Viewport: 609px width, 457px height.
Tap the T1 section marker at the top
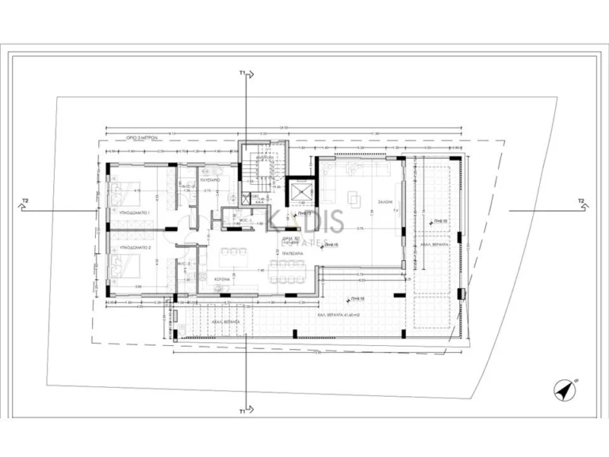tap(243, 73)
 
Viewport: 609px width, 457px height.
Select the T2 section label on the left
tap(25, 202)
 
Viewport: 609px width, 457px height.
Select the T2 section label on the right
tap(581, 202)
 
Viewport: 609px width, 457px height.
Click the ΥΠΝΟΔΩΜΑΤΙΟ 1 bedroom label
tap(136, 214)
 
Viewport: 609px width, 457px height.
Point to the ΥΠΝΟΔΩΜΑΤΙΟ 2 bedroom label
tap(136, 248)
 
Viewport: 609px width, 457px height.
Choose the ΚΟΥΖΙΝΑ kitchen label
tap(220, 279)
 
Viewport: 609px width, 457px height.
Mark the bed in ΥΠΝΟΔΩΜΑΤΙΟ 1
tap(121, 190)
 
